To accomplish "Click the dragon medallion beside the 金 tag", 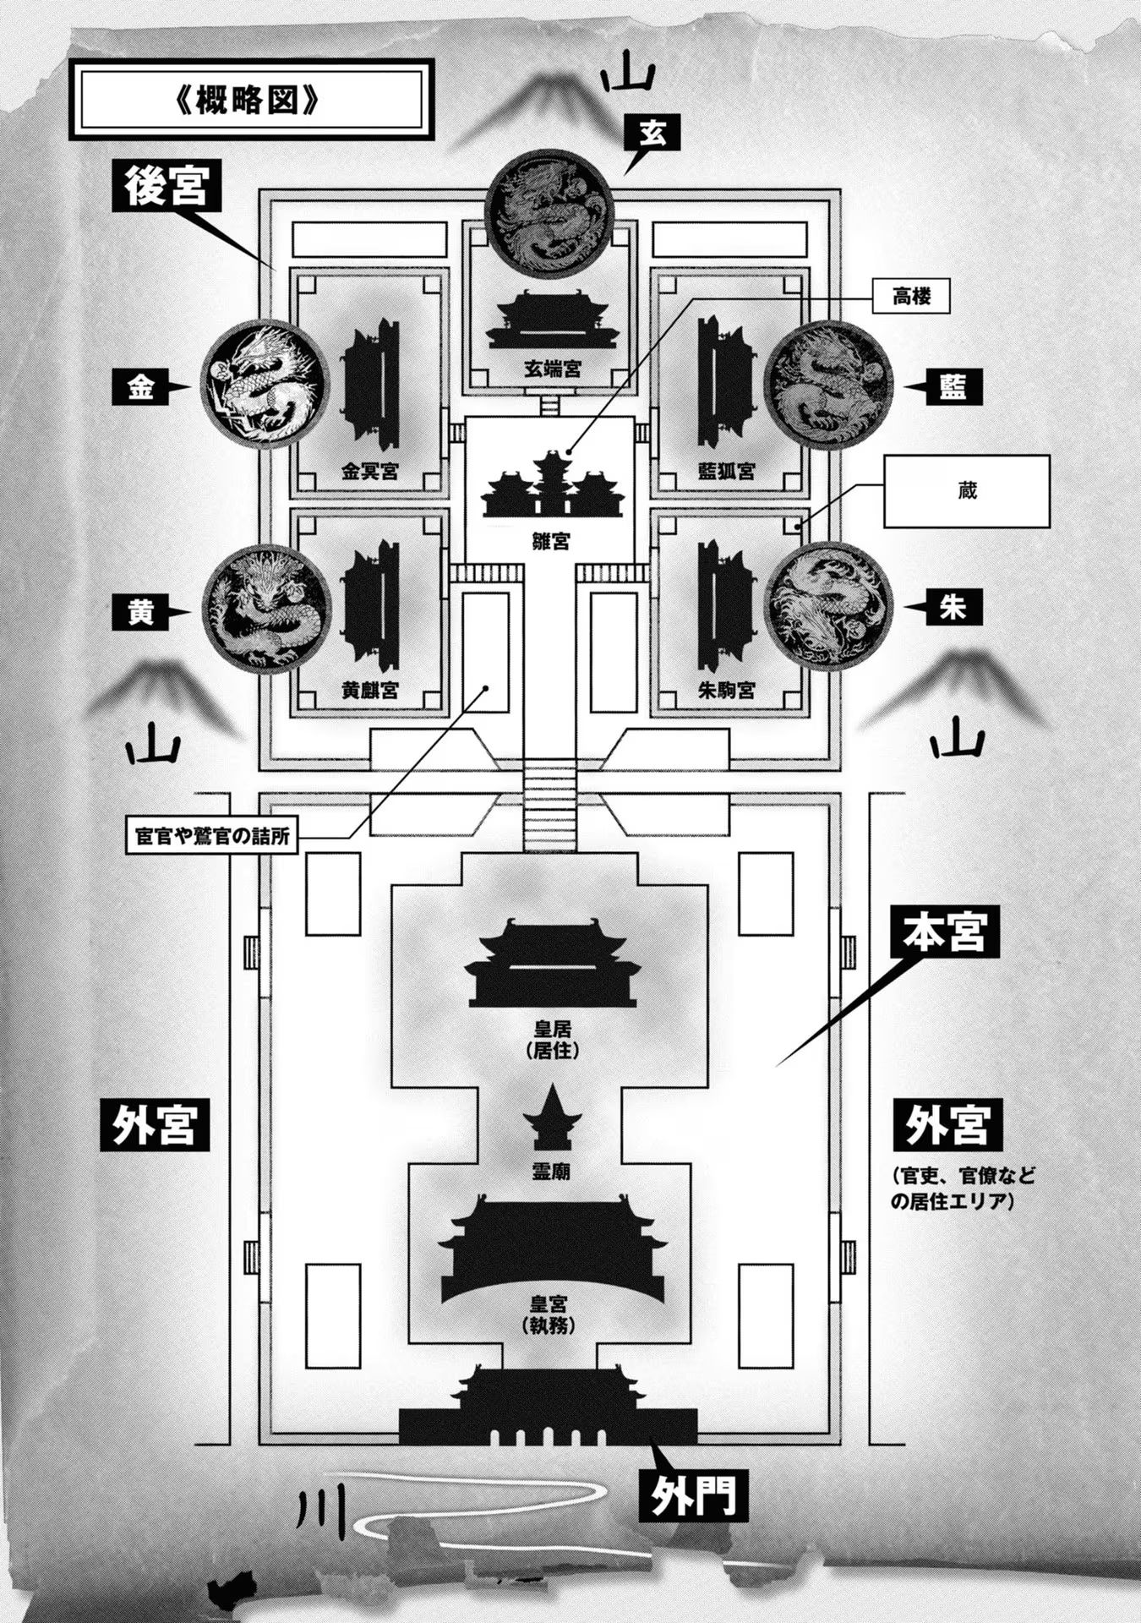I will [x=265, y=385].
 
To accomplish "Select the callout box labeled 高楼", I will [x=911, y=297].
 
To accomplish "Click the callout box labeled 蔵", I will [x=966, y=491].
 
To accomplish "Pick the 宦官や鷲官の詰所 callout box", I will [x=212, y=836].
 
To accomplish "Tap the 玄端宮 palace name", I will [x=552, y=369].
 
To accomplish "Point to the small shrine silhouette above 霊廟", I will [x=552, y=1118].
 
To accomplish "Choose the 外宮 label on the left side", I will [x=155, y=1124].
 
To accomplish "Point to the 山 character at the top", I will [x=627, y=79].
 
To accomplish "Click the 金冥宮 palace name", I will [x=369, y=472].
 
